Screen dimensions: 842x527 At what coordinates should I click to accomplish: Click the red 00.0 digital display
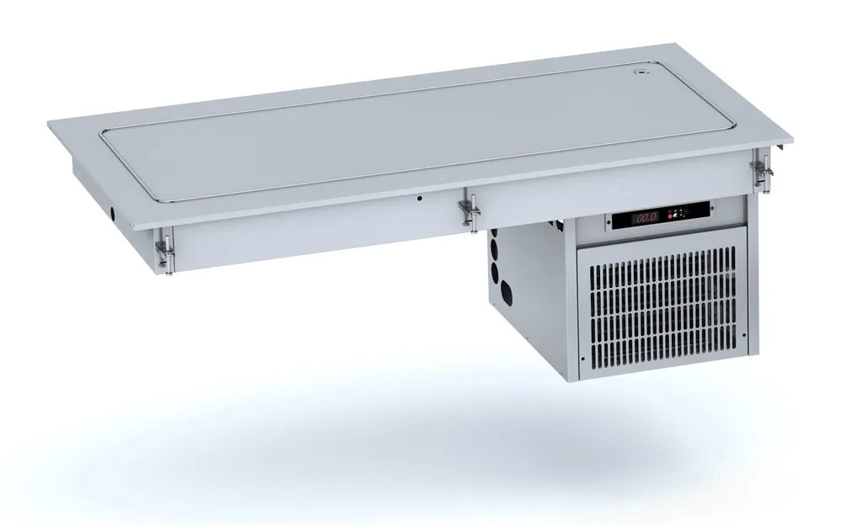(646, 218)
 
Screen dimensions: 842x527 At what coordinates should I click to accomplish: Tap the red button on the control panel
(669, 215)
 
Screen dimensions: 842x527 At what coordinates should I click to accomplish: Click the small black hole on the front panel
(420, 199)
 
